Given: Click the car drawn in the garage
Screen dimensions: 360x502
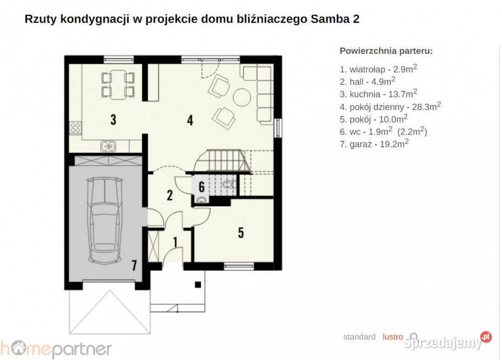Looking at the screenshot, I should [x=105, y=220].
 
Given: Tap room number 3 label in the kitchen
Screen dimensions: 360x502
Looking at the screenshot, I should [x=113, y=119].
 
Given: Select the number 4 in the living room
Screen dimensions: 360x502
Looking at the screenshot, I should [x=190, y=120].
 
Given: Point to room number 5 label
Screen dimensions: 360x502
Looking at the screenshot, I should [x=241, y=232].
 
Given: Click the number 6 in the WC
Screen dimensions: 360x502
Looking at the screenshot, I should [x=201, y=186].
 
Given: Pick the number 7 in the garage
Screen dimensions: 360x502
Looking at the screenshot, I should [x=134, y=265].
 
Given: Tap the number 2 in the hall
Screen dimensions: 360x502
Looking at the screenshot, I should [x=169, y=195].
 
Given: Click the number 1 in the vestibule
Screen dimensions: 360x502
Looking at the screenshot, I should [x=176, y=242].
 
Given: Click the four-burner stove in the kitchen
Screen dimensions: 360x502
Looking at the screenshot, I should [x=75, y=128].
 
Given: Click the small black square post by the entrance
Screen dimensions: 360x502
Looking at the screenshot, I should [x=198, y=285].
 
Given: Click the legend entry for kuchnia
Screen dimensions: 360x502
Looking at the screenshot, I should [x=378, y=94].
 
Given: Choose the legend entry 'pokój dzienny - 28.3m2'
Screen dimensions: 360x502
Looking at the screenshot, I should [x=390, y=106].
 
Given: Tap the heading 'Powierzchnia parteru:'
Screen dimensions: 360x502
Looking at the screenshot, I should [x=386, y=51].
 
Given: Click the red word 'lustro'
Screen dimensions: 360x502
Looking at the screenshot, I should [x=393, y=336].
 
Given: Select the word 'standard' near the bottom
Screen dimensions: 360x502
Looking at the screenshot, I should [x=359, y=336].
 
